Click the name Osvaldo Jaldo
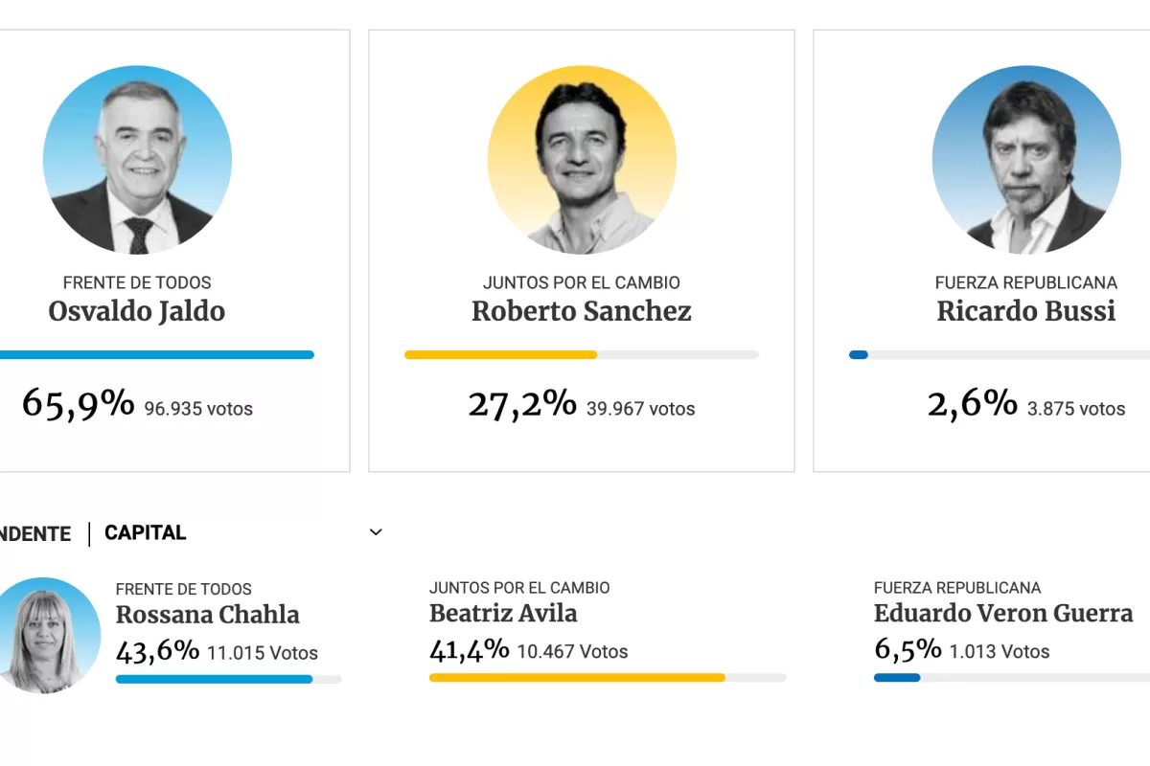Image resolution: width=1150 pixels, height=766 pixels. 136,311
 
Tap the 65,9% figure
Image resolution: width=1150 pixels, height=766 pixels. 79,404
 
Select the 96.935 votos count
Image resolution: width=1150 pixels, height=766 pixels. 198,409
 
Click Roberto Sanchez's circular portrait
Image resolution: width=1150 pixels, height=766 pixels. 582,160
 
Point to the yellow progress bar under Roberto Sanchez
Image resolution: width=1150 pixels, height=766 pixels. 501,354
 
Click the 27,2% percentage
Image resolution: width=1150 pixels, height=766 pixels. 522,404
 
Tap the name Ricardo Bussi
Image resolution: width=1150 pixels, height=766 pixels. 1025,311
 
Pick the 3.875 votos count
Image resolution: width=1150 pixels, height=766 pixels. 1075,409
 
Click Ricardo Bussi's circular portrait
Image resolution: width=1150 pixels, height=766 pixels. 1025,160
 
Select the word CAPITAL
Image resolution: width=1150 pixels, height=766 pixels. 145,532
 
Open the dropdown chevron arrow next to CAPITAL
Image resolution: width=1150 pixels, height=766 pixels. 376,532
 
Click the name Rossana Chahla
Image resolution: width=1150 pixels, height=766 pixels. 207,615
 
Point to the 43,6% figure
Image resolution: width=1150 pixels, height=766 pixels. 157,651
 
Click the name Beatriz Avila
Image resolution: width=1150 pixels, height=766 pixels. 503,613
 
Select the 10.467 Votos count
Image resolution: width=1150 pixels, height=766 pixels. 572,652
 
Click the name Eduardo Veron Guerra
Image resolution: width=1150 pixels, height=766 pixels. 1003,613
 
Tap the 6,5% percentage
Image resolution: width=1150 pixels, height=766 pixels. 908,650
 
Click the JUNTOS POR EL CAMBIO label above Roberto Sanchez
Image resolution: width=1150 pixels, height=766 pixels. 582,282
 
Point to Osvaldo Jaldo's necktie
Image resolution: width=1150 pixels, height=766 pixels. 140,234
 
